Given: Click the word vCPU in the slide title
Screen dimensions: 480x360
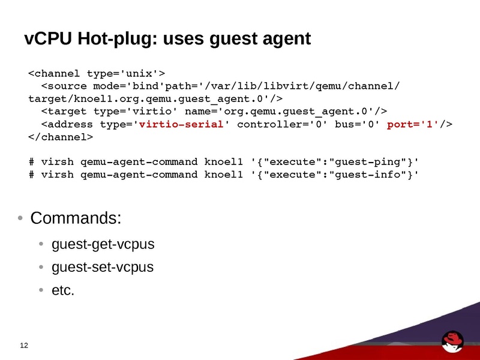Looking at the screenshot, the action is tap(48, 38).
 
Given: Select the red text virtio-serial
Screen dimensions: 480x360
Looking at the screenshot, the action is tap(181, 124).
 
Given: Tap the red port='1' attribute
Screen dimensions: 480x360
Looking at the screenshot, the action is tap(413, 125).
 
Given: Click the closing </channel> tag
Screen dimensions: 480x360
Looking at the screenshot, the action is tap(61, 137).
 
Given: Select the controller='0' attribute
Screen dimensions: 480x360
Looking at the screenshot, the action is tap(282, 124).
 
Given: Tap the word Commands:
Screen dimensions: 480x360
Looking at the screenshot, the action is tap(76, 218).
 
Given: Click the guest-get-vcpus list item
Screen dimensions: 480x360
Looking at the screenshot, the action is tap(103, 245).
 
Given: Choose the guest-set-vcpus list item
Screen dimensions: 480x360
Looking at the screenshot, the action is tap(103, 267).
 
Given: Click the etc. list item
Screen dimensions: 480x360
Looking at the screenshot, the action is tap(63, 290).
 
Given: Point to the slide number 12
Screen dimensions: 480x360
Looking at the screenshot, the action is tap(24, 346).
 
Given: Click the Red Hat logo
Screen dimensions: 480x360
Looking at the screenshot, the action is tap(452, 341).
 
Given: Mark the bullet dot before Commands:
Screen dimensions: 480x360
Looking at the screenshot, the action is tap(20, 218).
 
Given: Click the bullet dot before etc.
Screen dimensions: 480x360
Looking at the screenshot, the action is tap(41, 290).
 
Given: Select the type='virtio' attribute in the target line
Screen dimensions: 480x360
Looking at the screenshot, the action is tap(136, 112).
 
